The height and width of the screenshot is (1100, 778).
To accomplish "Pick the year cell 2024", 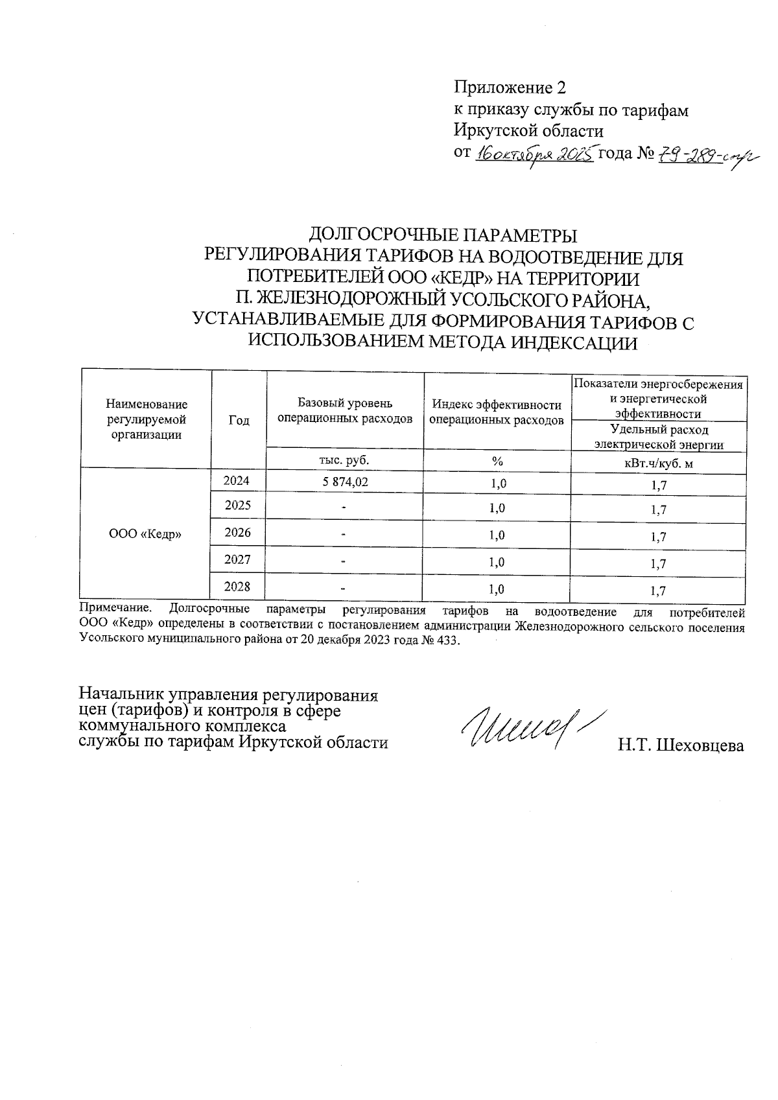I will tap(238, 481).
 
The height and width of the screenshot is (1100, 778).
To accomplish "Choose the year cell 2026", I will tap(238, 533).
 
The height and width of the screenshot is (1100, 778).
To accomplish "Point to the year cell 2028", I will tap(238, 587).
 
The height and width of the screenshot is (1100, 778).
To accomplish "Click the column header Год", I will tap(239, 420).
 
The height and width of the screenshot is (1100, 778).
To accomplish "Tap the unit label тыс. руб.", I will tap(344, 460).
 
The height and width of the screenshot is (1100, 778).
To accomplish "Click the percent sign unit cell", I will tap(497, 461).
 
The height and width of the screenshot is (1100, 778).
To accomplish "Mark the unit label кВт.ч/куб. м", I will tap(658, 463).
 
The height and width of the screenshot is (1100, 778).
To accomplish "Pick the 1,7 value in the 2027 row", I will tap(658, 564).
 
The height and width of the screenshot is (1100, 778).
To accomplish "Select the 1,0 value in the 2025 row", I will tap(497, 508).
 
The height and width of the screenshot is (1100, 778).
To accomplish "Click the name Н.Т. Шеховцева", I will tap(680, 746).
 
